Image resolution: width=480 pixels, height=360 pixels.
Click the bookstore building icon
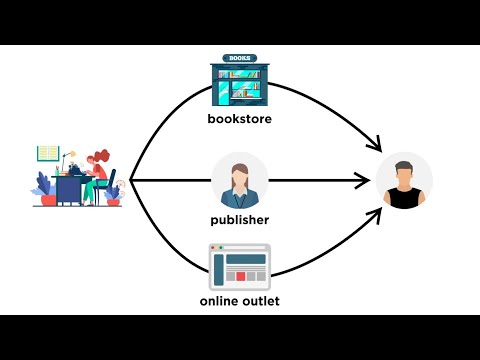[x=239, y=83]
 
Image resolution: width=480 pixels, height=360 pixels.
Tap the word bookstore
[x=239, y=121]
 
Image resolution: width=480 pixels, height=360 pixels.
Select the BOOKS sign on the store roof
[x=240, y=58]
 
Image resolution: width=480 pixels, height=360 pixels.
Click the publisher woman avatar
[x=239, y=180]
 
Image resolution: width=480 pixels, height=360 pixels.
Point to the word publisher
[x=240, y=219]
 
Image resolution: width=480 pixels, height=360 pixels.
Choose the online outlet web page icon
[x=239, y=267]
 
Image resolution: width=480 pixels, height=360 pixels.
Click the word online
[x=221, y=299]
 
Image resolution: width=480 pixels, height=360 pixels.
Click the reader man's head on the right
[x=404, y=171]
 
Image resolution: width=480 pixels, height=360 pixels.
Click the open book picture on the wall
[x=48, y=153]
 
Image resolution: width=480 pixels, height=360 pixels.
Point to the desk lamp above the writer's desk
[x=71, y=157]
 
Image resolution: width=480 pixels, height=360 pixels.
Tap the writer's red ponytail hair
[x=101, y=158]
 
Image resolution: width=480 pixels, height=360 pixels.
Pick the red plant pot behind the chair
[x=113, y=200]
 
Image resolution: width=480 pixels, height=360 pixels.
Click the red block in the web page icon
[x=240, y=274]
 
